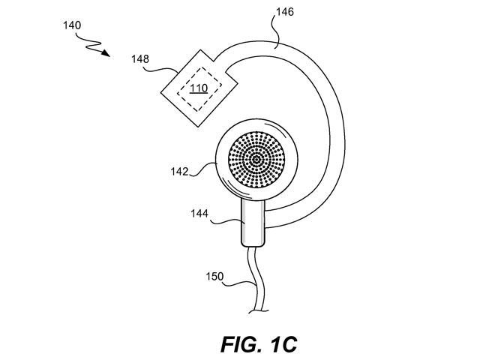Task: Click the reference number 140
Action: (72, 25)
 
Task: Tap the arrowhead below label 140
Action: (106, 53)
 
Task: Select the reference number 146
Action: (285, 12)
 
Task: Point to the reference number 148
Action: (140, 58)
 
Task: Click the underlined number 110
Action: (199, 88)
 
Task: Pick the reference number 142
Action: (179, 172)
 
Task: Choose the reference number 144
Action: (199, 213)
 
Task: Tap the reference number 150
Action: (214, 277)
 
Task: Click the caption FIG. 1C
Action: (259, 344)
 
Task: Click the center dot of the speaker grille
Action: (256, 160)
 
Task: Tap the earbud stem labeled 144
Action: (253, 223)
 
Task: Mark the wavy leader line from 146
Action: (277, 32)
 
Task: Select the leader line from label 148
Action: (161, 70)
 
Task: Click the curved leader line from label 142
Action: (203, 170)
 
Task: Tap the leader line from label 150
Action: (238, 283)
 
